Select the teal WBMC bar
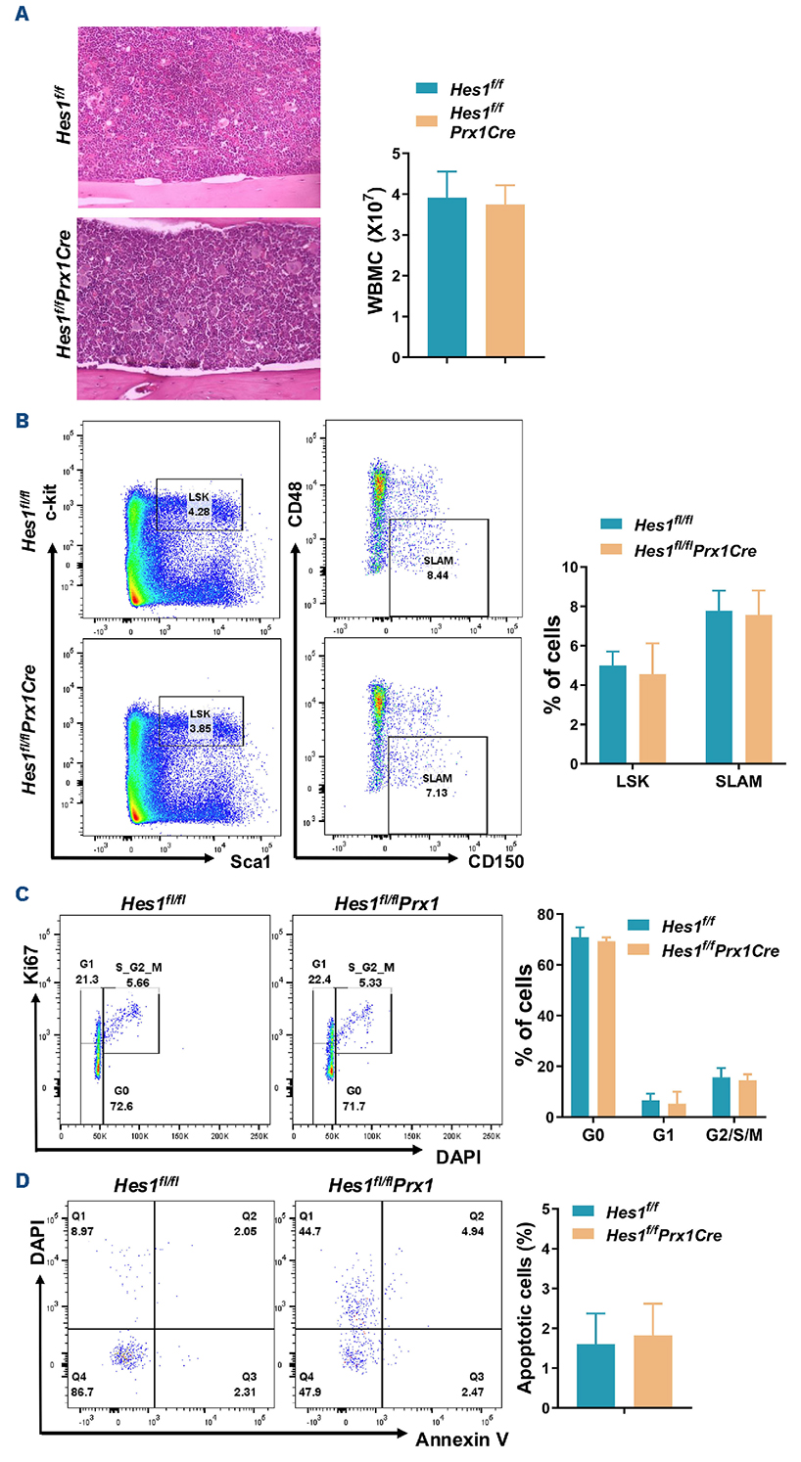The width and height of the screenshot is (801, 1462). pyautogui.click(x=447, y=277)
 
